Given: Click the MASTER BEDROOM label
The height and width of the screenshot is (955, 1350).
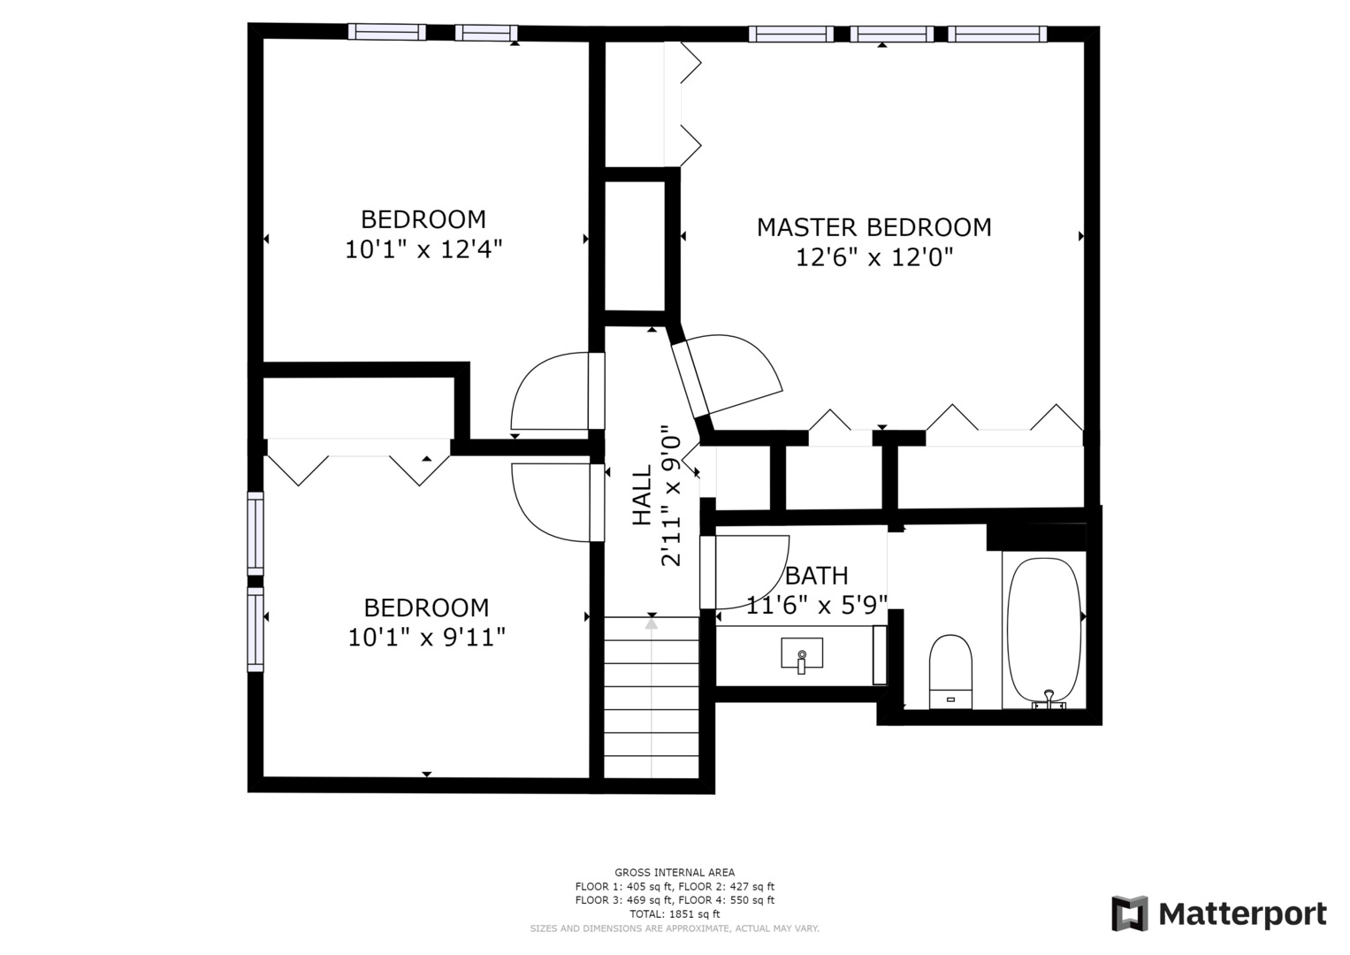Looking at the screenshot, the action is coord(873,228).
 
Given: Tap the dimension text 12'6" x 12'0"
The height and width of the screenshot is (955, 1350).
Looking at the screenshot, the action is coord(874,258).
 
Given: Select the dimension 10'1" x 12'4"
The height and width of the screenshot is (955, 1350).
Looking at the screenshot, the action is coord(423,249).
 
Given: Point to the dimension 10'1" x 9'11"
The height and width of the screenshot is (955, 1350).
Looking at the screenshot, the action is coord(426,638).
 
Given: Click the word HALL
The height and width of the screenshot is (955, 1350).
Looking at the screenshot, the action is coord(643,495).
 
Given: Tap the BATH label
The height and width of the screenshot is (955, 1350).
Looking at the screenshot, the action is coord(817,576).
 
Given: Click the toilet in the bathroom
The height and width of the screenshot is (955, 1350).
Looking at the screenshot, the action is coord(950,672).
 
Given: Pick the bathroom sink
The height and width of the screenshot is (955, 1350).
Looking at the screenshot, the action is coord(802,654).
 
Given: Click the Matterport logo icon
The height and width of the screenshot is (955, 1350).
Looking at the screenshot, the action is coord(1129,914).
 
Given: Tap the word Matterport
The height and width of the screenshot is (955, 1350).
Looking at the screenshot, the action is coord(1243,914).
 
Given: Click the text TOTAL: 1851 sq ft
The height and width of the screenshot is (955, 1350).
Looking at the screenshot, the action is coord(675,914).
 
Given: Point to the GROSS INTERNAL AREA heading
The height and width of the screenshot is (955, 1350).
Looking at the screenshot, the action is coord(675,873).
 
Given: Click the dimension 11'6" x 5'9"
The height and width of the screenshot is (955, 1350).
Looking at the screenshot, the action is coord(817,605).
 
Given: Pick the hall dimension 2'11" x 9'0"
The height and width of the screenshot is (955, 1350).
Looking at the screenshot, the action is coord(671,495).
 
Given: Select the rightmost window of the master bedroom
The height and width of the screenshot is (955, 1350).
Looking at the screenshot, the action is coord(997,34).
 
